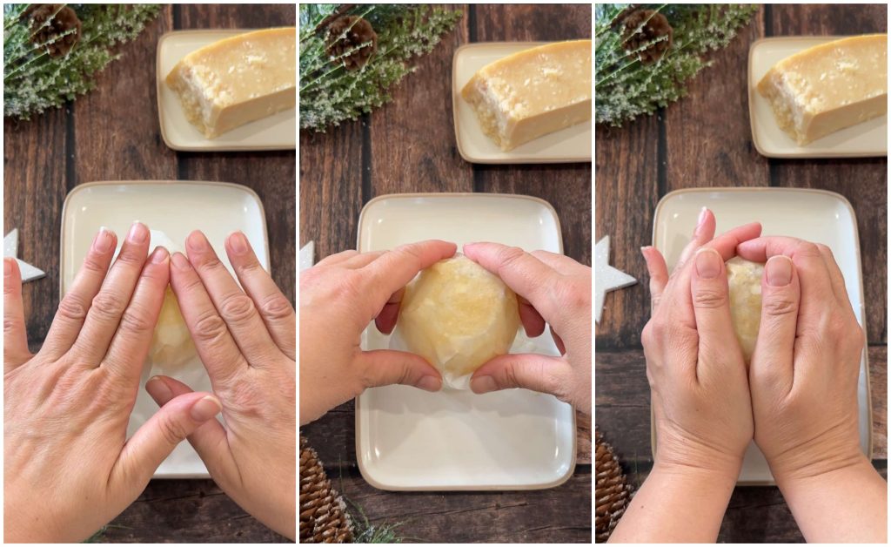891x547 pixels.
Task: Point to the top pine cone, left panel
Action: (x=55, y=28)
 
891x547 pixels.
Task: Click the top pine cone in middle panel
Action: (x=351, y=41)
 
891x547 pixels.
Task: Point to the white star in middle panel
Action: (x=307, y=254)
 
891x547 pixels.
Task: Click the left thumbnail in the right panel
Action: (x=707, y=263)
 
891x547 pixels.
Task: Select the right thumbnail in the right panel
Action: (x=778, y=271)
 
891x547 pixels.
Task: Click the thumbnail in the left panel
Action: (x=204, y=408)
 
